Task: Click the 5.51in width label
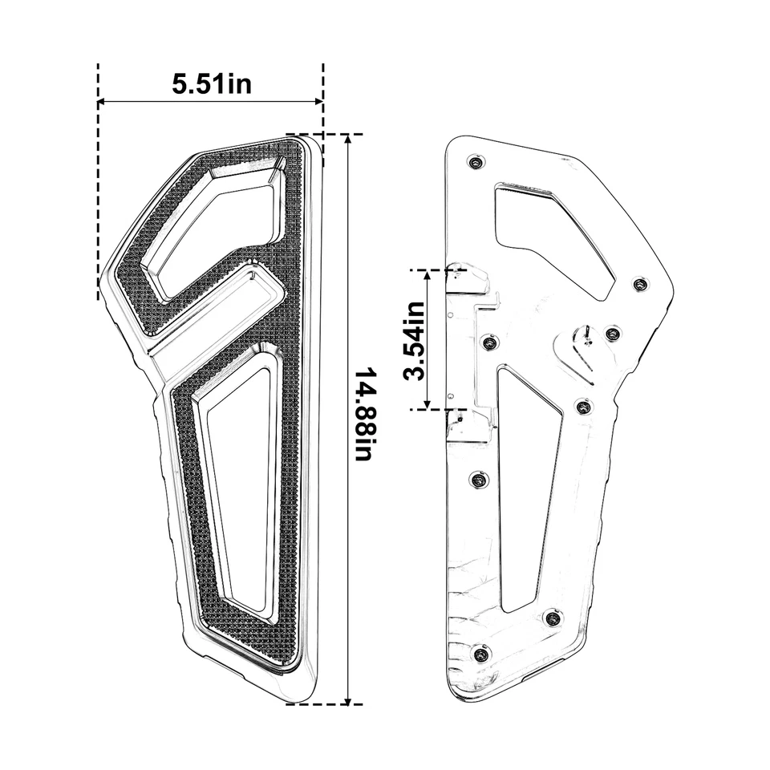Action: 211,83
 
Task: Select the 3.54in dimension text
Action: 415,340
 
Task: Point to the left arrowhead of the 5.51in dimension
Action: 102,102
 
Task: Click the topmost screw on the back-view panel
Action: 476,163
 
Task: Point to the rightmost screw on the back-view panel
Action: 639,285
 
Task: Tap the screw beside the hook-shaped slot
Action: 612,333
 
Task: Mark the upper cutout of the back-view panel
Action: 553,237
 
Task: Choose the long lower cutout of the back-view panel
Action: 525,481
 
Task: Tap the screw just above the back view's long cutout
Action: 491,343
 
